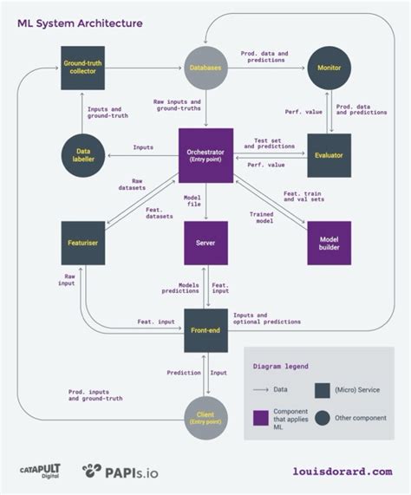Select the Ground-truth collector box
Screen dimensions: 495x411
tap(83, 67)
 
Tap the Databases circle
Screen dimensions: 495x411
tap(205, 67)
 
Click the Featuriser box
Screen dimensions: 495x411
tap(83, 244)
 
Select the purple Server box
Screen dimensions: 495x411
tap(205, 244)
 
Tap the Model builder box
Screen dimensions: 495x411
tap(329, 244)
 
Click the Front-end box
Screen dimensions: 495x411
tap(205, 330)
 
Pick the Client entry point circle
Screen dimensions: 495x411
tap(205, 415)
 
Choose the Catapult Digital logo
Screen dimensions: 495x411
tap(39, 472)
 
